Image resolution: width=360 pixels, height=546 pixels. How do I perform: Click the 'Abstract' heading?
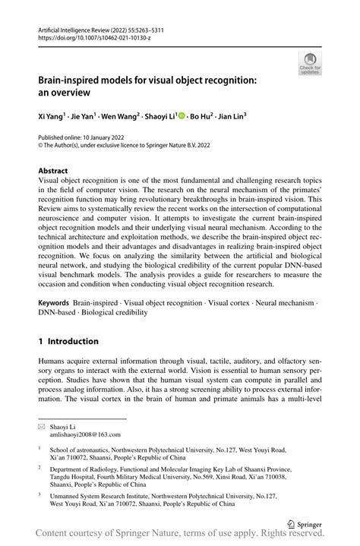coord(53,172)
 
